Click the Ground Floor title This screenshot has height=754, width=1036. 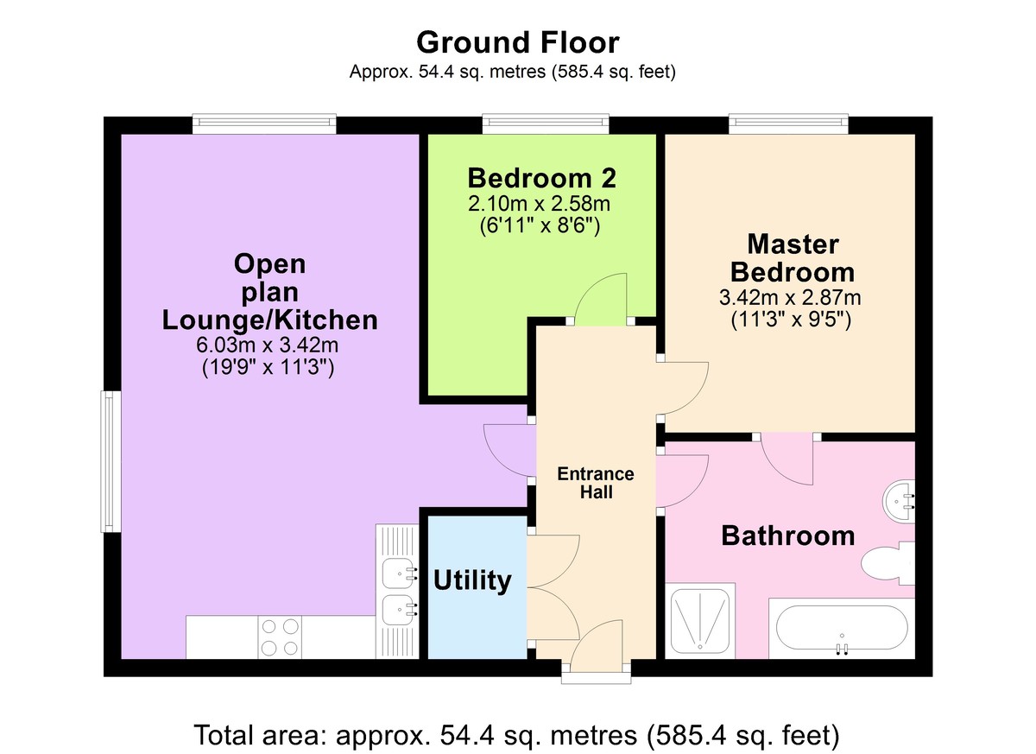coord(517,41)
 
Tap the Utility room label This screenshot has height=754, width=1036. coord(472,580)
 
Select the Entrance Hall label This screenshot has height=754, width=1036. coord(596,483)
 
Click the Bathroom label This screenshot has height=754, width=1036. coord(787,535)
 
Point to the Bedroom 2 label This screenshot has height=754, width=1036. coord(541,179)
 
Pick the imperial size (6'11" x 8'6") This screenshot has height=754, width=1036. coord(540,226)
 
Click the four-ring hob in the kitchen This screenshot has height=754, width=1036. coord(280,637)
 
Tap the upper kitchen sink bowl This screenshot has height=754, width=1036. coord(399,570)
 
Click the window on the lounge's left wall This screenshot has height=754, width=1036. coord(110,461)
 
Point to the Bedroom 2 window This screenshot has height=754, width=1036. coord(546,124)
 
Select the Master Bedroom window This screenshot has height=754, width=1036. coord(788,124)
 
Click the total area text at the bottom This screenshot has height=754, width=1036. coord(517,736)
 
